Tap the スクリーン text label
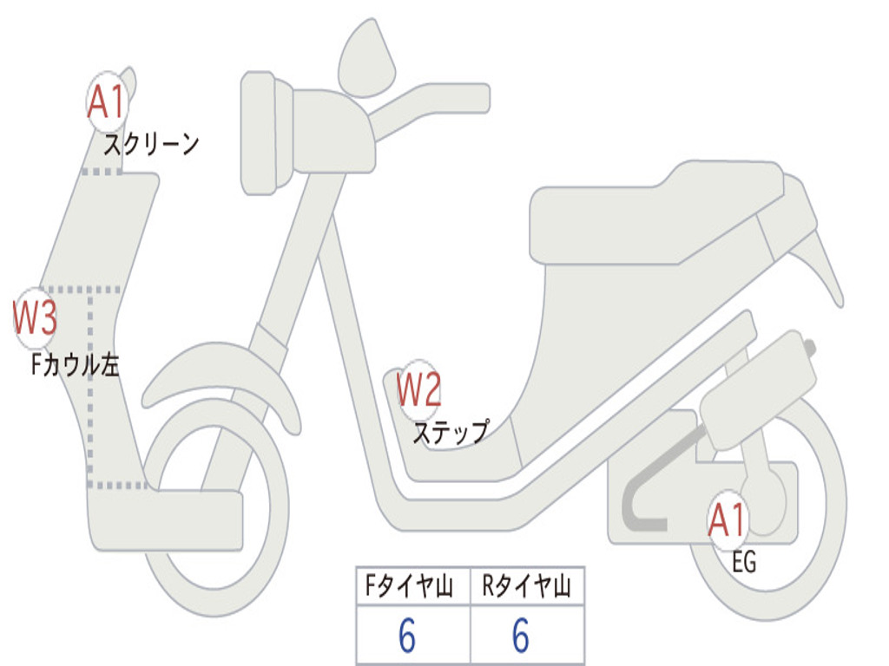coord(152,144)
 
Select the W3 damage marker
coord(36,318)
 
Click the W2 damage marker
coord(418,390)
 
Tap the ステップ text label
coord(450,432)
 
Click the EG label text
coord(744,563)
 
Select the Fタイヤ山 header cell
coord(412,587)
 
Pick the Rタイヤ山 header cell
coord(527,587)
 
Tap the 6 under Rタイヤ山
coord(520,637)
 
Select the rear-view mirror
coord(365,59)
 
